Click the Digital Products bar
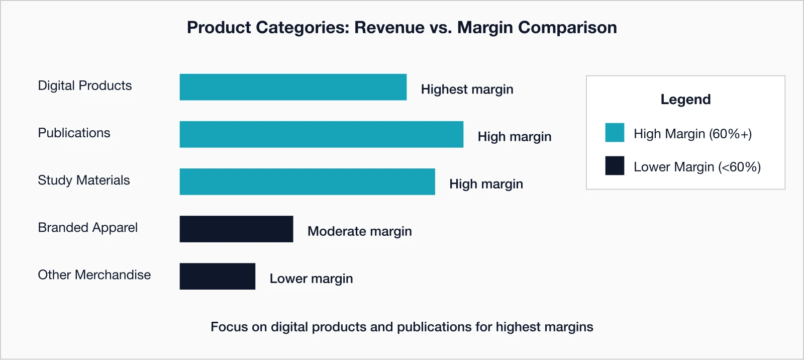[x=293, y=87]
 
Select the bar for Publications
[x=322, y=134]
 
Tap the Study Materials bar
[x=307, y=182]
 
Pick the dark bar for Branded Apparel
[x=236, y=229]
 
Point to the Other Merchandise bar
[x=217, y=276]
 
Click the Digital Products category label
[x=85, y=85]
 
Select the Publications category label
[x=74, y=133]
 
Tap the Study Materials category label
[x=84, y=180]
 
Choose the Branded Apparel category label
[x=87, y=227]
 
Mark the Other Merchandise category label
[x=94, y=275]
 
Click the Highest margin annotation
[x=467, y=89]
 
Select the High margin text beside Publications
[x=514, y=137]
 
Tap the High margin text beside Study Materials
[x=486, y=184]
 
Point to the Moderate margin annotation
[x=359, y=231]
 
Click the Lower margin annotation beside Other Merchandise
[x=311, y=279]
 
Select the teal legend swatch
[x=615, y=133]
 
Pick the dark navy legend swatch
[x=615, y=165]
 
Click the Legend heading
[x=685, y=100]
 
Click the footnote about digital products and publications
[x=401, y=327]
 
